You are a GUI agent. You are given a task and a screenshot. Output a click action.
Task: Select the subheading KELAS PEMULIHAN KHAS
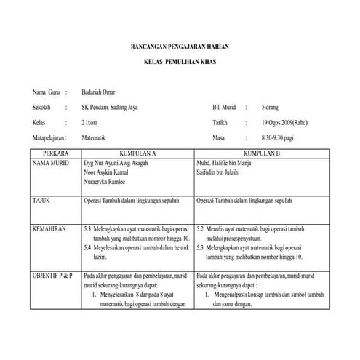[x=180, y=62]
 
